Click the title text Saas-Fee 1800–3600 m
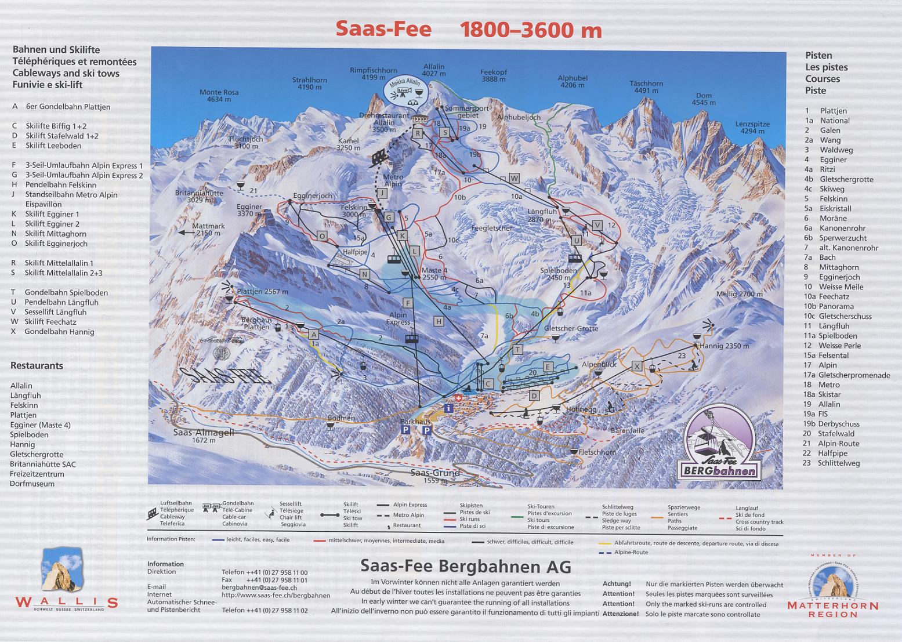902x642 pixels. [469, 30]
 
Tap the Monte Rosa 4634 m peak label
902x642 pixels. [219, 96]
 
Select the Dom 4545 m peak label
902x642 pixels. [704, 99]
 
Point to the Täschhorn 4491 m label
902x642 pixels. [646, 87]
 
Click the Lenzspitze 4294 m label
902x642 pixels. [753, 128]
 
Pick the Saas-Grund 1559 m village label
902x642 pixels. [435, 476]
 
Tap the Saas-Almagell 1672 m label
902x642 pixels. [203, 436]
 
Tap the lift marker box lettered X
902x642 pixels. [637, 366]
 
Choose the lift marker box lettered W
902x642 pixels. [514, 177]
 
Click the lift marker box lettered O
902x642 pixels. [322, 235]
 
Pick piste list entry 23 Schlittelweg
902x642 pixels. [831, 463]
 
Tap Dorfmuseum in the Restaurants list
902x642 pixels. [32, 484]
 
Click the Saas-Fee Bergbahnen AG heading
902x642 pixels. [465, 565]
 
